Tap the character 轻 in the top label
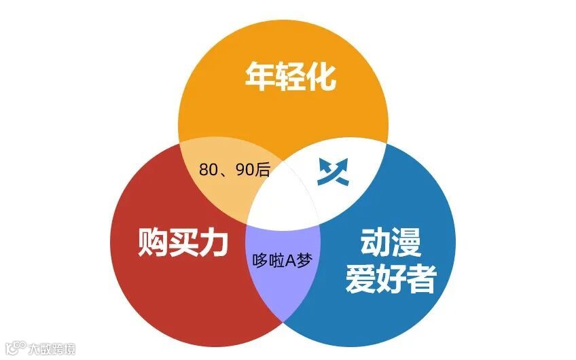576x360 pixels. tap(291, 77)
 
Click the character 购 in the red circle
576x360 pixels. tap(152, 242)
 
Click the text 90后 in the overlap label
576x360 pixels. tap(253, 169)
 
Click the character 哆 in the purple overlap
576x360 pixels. tap(259, 259)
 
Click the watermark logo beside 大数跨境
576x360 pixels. tap(14, 348)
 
